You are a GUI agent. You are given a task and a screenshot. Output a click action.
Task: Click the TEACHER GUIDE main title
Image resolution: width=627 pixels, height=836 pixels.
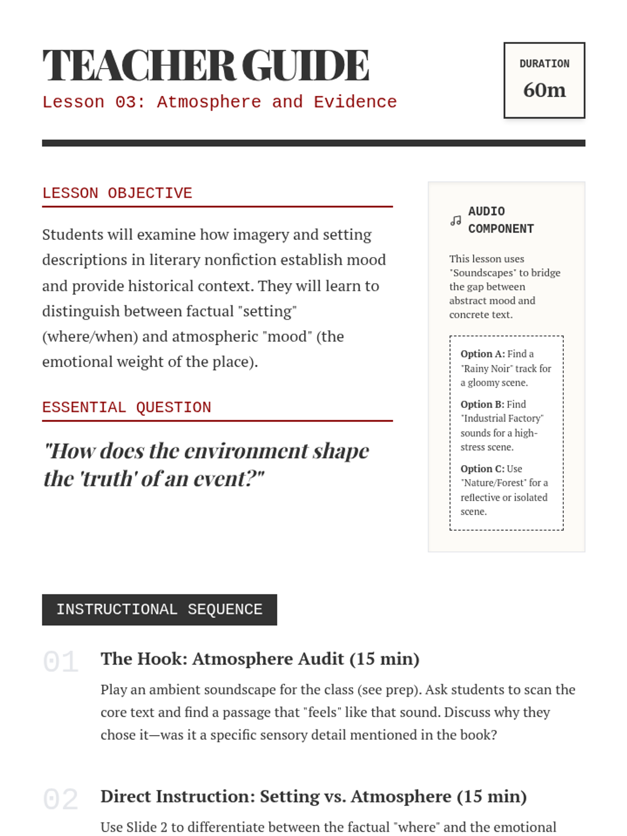pyautogui.click(x=205, y=66)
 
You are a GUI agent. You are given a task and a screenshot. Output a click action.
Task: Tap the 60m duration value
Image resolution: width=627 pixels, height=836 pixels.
pyautogui.click(x=544, y=90)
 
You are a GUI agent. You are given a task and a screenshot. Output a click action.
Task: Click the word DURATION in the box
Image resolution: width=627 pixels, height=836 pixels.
pyautogui.click(x=544, y=64)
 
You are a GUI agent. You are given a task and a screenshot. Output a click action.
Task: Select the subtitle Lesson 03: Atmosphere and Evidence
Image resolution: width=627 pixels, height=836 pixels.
pyautogui.click(x=219, y=102)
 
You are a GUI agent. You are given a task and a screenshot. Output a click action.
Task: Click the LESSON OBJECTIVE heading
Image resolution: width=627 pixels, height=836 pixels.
pyautogui.click(x=117, y=193)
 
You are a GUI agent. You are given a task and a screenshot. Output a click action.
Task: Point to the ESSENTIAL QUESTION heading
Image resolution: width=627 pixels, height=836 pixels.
pyautogui.click(x=126, y=408)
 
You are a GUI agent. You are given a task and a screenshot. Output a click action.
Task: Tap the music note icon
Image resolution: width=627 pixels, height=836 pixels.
pyautogui.click(x=456, y=220)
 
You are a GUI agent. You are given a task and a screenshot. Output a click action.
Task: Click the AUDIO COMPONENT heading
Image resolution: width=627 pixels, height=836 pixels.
pyautogui.click(x=501, y=220)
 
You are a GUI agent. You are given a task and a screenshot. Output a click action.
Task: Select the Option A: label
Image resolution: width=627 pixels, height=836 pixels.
pyautogui.click(x=482, y=354)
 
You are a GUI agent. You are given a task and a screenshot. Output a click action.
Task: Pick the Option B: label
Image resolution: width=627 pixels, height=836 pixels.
pyautogui.click(x=482, y=404)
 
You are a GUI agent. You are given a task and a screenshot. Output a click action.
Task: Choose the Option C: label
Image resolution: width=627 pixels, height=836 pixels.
pyautogui.click(x=482, y=469)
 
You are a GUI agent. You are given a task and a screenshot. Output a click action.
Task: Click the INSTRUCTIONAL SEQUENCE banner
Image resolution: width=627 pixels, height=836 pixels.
pyautogui.click(x=159, y=610)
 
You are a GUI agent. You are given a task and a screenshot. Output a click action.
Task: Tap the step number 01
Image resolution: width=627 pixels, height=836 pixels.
pyautogui.click(x=61, y=662)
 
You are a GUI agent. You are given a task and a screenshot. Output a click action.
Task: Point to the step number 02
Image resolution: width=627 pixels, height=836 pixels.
pyautogui.click(x=61, y=799)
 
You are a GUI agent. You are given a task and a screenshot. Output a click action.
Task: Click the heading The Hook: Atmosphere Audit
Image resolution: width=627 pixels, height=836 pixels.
pyautogui.click(x=260, y=659)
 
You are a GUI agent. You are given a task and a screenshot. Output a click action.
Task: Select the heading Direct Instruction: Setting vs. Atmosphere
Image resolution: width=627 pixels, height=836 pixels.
pyautogui.click(x=313, y=796)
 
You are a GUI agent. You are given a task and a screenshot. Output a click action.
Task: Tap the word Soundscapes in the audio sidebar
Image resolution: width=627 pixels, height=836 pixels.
pyautogui.click(x=483, y=273)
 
